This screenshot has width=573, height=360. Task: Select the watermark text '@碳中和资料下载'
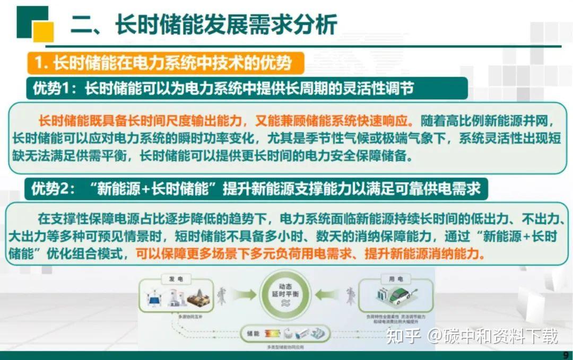point(493,336)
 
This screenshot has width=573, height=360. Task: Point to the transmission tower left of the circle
point(221,295)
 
